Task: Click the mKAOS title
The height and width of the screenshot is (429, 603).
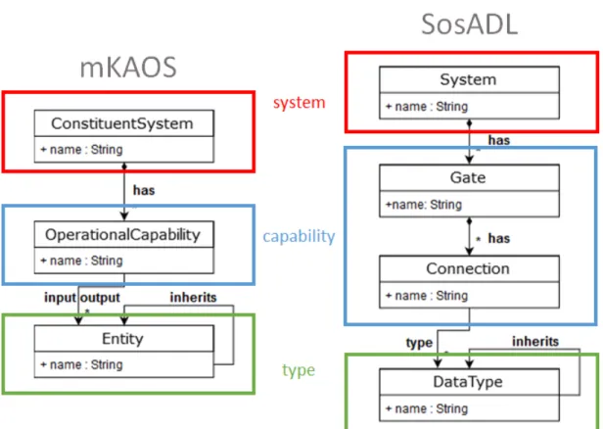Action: (128, 68)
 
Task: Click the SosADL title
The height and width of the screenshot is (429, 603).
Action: (469, 24)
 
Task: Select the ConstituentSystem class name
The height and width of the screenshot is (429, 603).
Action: (122, 123)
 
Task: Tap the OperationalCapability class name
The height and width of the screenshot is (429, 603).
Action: (122, 235)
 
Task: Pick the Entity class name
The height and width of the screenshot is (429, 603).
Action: (122, 339)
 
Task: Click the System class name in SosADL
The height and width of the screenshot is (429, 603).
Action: (468, 79)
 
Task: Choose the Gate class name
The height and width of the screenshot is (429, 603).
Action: (468, 177)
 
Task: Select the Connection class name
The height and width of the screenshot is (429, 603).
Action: (468, 268)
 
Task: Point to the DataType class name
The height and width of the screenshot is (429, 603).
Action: (468, 382)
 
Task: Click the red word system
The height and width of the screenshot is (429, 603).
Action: (300, 102)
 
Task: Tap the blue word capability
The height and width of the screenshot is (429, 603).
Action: (299, 236)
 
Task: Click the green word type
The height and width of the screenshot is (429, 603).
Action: (299, 370)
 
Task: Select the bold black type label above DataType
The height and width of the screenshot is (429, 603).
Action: (419, 343)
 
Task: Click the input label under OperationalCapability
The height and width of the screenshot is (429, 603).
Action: (60, 298)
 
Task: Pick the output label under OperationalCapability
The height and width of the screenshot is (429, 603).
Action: (101, 298)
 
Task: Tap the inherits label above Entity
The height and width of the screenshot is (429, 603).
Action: (194, 297)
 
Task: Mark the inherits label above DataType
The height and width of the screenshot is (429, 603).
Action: (535, 341)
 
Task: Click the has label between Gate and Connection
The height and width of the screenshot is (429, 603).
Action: (499, 238)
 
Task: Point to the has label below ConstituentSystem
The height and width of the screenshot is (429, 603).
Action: (144, 190)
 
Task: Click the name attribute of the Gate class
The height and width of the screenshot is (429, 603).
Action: (424, 205)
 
